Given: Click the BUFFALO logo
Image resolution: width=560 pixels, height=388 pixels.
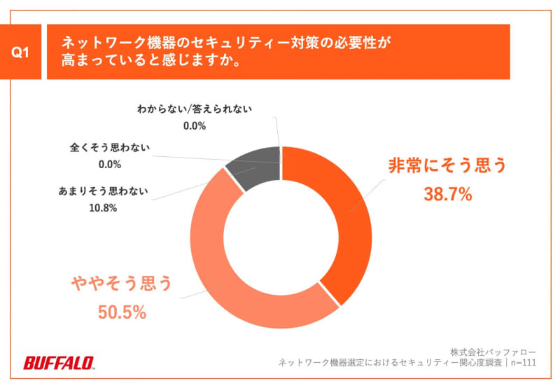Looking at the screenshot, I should (59, 362).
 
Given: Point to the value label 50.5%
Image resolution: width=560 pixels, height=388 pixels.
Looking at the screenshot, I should (122, 312).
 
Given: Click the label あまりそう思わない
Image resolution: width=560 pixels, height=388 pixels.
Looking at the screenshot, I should (102, 190).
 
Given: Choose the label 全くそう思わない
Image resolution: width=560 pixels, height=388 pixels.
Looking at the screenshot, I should (109, 148).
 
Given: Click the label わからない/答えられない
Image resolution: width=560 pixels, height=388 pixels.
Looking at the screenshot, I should (194, 109).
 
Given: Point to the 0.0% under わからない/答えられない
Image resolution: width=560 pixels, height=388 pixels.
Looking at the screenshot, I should (194, 126).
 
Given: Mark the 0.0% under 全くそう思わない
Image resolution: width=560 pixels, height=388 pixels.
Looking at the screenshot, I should (109, 165).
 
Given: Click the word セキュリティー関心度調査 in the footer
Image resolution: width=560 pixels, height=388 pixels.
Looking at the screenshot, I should (440, 363).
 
